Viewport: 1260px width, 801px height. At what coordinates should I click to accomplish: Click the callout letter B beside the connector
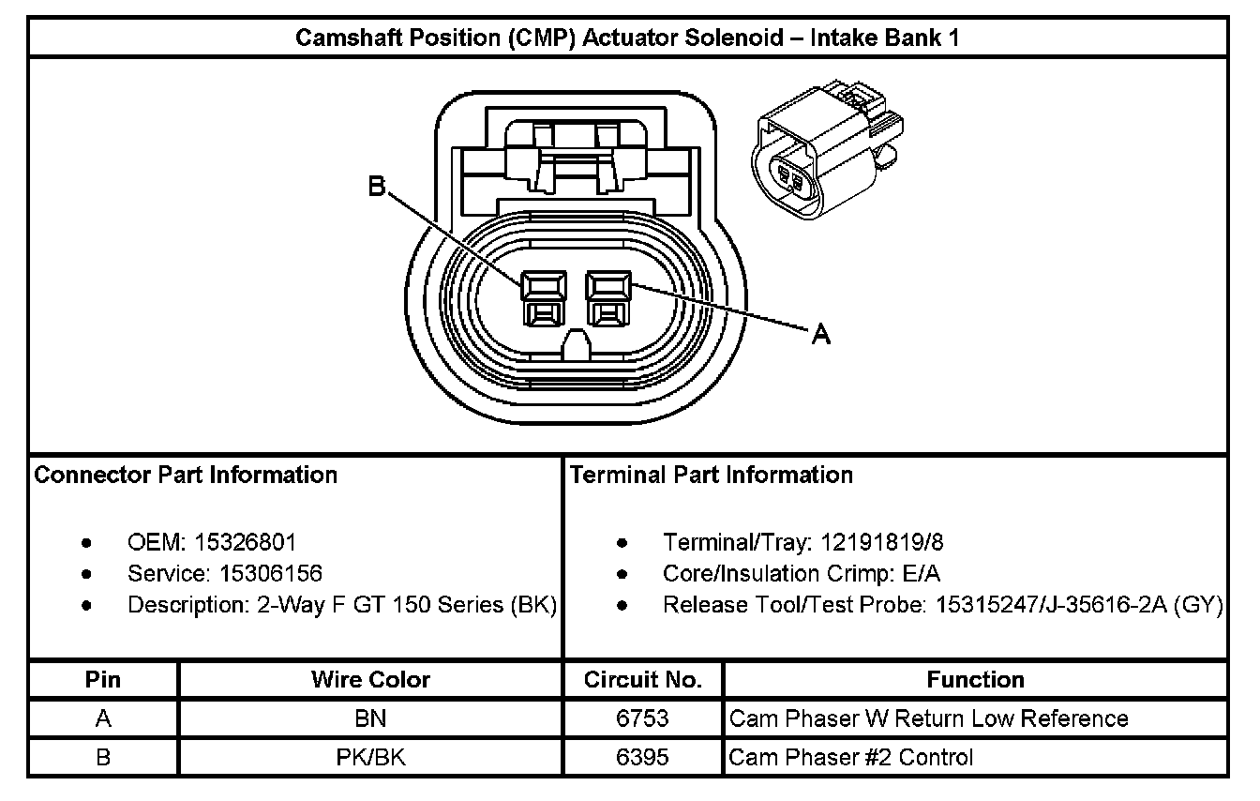pos(376,188)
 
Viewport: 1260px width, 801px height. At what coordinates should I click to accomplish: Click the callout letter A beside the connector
pos(820,333)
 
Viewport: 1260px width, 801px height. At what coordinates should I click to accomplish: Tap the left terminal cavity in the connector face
pos(545,298)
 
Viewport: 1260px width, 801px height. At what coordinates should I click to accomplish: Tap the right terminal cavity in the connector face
pos(607,298)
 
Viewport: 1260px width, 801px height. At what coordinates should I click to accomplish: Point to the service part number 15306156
pos(271,573)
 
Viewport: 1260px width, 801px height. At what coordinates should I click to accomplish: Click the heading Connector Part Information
pos(186,475)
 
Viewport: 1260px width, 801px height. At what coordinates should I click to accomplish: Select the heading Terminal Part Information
pos(712,475)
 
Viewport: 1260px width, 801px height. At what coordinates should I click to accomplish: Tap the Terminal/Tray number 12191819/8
pos(882,542)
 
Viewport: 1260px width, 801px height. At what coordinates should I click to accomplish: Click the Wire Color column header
pos(370,680)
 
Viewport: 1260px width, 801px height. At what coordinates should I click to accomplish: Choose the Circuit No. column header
pos(643,680)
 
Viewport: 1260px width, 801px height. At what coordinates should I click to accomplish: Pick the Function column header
pos(975,680)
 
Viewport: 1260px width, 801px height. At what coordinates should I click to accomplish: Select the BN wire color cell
pos(370,718)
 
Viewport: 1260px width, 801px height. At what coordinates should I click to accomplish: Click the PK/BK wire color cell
pos(370,757)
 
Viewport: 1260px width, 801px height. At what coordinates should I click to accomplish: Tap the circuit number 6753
pos(643,718)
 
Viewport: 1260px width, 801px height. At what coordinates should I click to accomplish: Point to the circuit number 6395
pos(643,757)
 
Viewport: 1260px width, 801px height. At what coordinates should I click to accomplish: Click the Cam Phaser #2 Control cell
pos(851,757)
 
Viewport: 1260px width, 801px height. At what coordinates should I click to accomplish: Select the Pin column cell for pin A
pos(103,718)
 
